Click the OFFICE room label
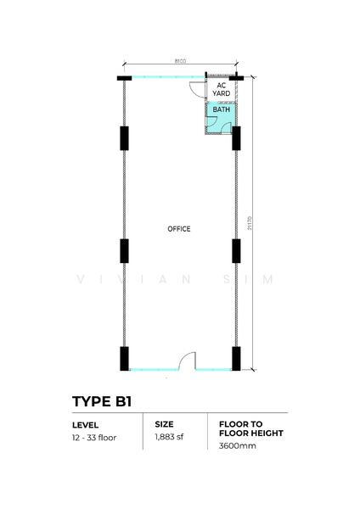click(x=179, y=229)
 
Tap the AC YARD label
click(x=222, y=90)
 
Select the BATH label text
click(x=222, y=109)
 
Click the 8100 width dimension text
click(x=180, y=61)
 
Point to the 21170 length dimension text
click(x=250, y=223)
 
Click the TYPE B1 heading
click(x=102, y=401)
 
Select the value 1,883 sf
click(x=169, y=437)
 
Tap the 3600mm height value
click(x=238, y=445)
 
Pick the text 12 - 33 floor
click(x=94, y=438)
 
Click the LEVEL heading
click(x=86, y=425)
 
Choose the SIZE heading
click(x=164, y=424)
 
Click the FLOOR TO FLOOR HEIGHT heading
click(x=251, y=428)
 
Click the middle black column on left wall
click(x=124, y=251)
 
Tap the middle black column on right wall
click(x=236, y=251)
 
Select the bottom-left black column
click(x=124, y=359)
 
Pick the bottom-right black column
click(x=236, y=359)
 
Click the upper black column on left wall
click(x=124, y=138)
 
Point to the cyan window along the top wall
click(x=168, y=77)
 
